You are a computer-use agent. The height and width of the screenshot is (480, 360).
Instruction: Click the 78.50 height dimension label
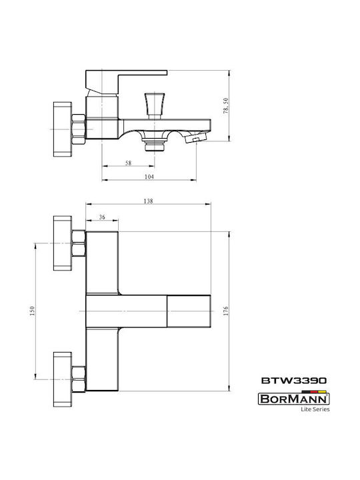225,106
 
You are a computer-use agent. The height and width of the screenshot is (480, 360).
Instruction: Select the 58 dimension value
128,163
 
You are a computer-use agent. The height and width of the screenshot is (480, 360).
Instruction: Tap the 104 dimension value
149,177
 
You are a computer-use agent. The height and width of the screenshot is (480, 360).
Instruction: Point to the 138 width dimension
148,201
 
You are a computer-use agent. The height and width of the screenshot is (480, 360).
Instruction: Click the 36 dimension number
102,217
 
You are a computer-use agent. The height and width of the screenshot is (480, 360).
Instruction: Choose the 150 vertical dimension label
33,311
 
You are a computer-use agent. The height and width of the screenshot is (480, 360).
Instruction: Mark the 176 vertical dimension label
226,311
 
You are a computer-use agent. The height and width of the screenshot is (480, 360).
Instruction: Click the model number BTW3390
294,381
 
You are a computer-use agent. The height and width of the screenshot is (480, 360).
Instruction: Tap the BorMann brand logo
293,399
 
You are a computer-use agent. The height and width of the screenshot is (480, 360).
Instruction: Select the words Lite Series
315,409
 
